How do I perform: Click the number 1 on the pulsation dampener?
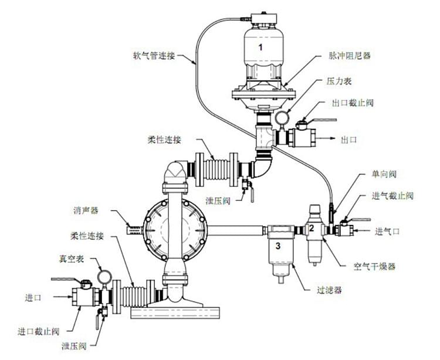(x=261, y=45)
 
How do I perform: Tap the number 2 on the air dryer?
(x=312, y=228)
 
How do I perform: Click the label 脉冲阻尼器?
(x=350, y=56)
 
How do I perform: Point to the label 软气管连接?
(x=154, y=57)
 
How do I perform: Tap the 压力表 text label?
(x=339, y=83)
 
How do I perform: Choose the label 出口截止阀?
(x=352, y=103)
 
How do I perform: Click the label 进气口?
(x=387, y=231)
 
